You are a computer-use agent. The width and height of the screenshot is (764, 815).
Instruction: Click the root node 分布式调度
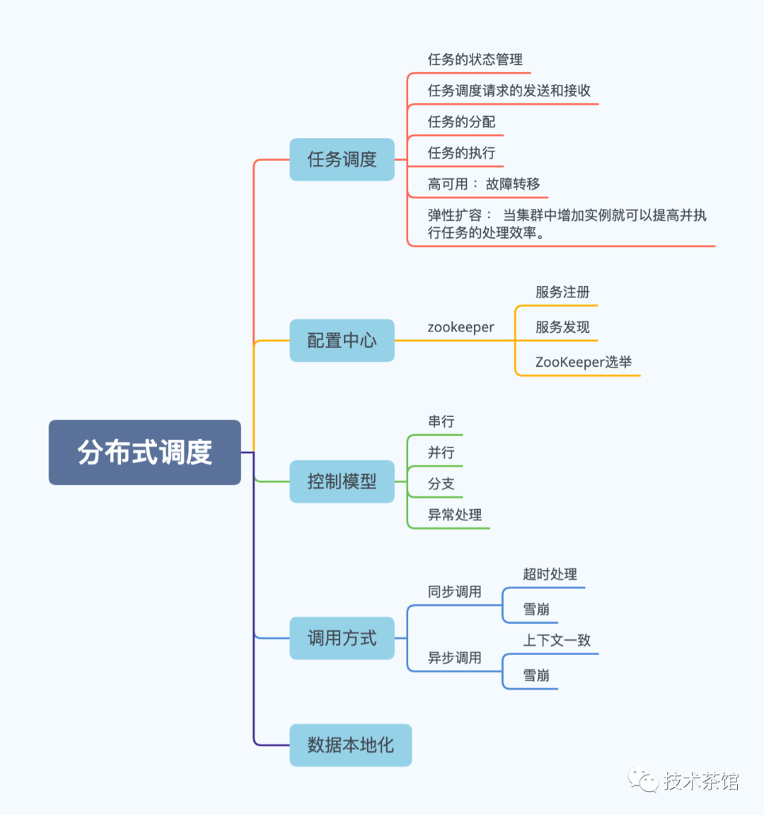(x=145, y=452)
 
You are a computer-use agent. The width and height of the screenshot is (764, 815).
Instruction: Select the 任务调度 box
(x=342, y=159)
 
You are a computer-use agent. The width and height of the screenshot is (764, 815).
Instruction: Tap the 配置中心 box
(x=342, y=341)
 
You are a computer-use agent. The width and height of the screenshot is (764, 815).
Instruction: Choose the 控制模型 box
(x=342, y=481)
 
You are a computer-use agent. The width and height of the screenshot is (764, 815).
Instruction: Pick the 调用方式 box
(x=342, y=638)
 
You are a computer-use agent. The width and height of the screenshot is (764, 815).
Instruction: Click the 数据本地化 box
(x=351, y=746)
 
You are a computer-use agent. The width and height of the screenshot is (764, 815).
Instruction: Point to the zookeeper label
(x=461, y=327)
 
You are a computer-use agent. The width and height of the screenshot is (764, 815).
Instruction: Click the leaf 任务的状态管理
(x=475, y=59)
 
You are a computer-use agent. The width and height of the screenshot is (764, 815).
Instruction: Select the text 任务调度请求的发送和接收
(x=509, y=91)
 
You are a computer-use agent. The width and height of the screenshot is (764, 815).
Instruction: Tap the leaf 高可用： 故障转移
(x=484, y=184)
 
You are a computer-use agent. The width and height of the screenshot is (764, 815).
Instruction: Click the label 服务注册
(x=562, y=292)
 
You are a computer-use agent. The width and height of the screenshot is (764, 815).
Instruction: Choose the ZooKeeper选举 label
(x=584, y=362)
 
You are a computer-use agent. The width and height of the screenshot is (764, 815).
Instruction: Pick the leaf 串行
(x=441, y=421)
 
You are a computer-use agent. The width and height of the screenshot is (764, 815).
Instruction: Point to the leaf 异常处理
(x=454, y=515)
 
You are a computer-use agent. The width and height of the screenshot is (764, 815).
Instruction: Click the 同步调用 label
(x=454, y=591)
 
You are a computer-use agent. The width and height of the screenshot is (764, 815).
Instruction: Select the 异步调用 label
(x=454, y=658)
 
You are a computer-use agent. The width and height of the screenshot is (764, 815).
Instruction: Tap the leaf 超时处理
(x=550, y=574)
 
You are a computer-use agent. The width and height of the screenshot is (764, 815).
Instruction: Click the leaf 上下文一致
(x=557, y=640)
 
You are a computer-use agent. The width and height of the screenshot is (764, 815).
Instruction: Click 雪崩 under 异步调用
(x=536, y=676)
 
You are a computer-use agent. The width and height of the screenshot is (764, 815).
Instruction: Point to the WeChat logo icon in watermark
(x=642, y=780)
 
